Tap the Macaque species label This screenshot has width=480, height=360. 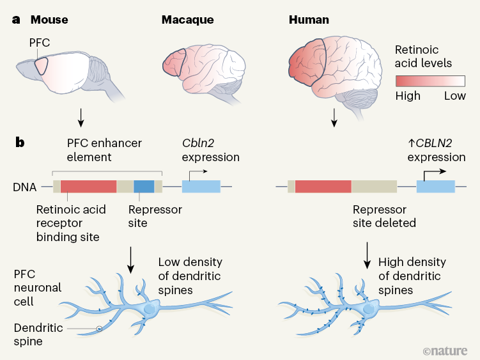(x=187, y=20)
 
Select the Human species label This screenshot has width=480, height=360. (x=309, y=20)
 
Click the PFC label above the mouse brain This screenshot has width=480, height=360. (x=39, y=43)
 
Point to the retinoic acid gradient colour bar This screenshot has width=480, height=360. (x=430, y=81)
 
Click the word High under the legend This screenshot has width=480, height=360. (x=408, y=96)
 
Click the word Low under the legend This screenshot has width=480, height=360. (x=455, y=96)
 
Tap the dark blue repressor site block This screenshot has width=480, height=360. (x=144, y=187)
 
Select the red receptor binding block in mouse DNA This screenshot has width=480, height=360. (x=88, y=187)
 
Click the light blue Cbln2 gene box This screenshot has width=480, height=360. (x=201, y=187)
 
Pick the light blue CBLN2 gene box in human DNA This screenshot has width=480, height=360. (x=435, y=187)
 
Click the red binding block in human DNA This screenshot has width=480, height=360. (x=323, y=187)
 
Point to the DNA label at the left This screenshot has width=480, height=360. (x=24, y=187)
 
